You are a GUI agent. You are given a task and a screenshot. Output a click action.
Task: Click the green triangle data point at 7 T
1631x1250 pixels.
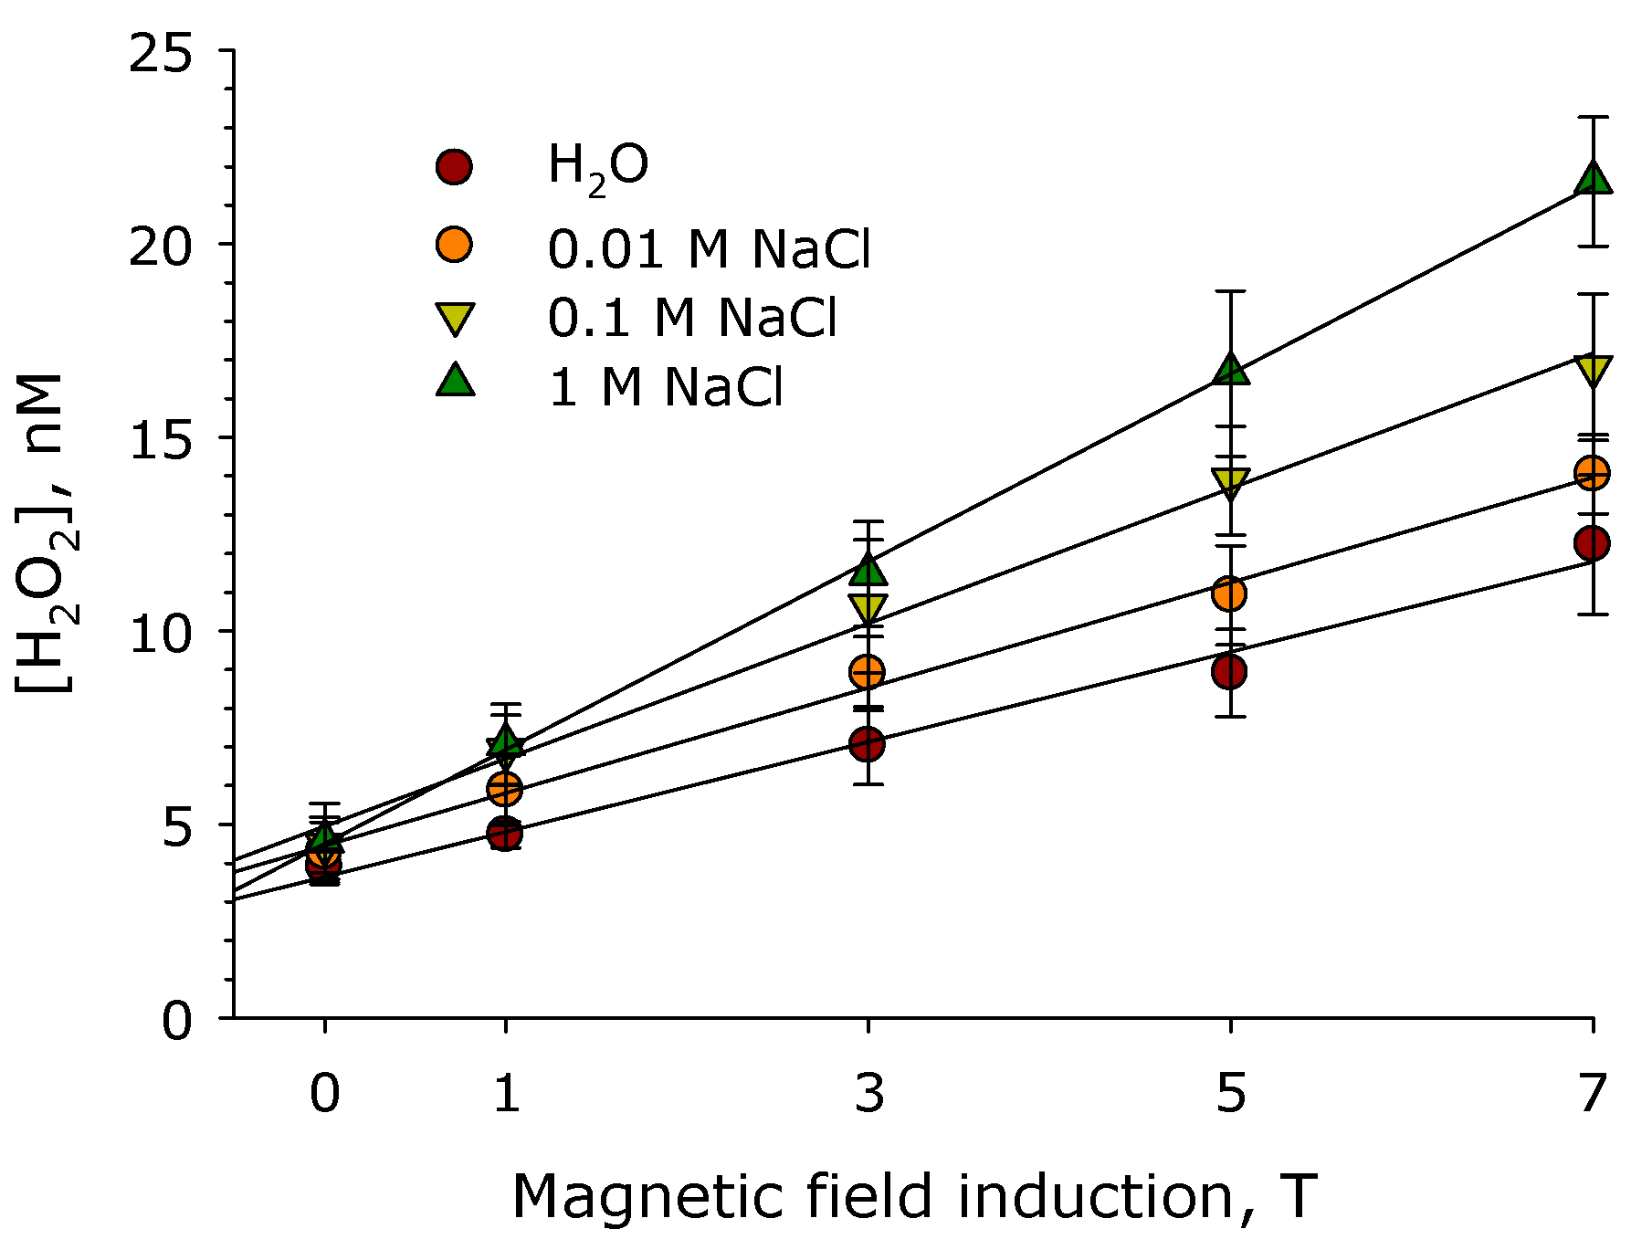point(1593,179)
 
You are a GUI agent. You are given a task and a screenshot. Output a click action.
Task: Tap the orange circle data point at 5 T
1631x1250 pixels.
point(1229,593)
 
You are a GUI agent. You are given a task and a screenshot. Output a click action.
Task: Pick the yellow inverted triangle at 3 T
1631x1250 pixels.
point(868,607)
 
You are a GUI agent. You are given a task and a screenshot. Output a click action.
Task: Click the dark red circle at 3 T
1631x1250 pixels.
point(867,744)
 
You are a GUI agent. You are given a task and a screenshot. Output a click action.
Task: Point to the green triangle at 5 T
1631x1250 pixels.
point(1230,370)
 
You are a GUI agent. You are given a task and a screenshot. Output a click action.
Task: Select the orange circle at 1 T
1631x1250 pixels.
point(504,788)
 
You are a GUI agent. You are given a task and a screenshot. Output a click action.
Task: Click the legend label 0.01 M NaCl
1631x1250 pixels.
point(709,248)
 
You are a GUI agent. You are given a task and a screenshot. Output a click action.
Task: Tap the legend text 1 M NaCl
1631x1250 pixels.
point(665,387)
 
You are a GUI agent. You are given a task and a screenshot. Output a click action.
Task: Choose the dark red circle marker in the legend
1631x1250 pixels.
point(454,167)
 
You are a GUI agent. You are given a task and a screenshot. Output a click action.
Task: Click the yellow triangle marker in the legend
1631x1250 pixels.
point(454,319)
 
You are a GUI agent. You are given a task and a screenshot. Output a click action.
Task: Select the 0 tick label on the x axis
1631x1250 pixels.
point(324,1092)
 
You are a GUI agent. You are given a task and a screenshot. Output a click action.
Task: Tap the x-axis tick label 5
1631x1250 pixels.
point(1230,1092)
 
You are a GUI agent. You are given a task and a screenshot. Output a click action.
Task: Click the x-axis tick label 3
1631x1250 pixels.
point(868,1092)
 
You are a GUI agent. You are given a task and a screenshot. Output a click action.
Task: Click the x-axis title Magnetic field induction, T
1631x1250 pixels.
point(913,1196)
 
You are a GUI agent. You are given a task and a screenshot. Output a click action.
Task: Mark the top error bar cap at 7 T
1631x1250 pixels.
point(1593,118)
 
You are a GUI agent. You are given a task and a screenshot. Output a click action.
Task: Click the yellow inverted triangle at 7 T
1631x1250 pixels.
point(1593,370)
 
